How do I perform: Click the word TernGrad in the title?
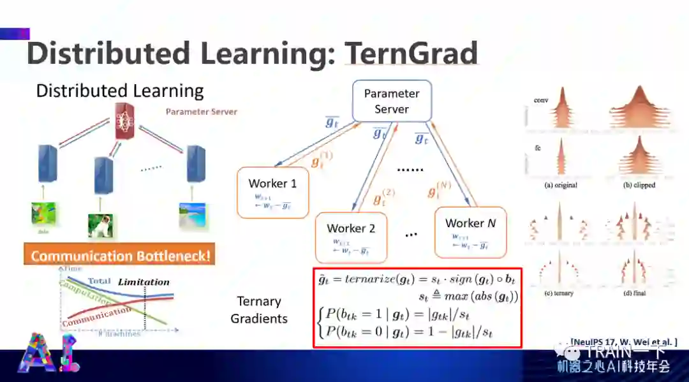pos(411,54)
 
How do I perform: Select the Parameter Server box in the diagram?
pos(392,101)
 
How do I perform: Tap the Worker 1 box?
pos(272,192)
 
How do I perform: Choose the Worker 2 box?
pos(351,236)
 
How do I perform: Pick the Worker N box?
pos(470,230)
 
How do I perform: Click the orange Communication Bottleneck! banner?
pos(119,256)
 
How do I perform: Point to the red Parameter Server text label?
pos(201,112)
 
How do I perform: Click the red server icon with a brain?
pos(126,121)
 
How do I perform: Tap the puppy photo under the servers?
pos(100,225)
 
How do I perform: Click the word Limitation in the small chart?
pos(144,281)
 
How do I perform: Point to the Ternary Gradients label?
pos(259,310)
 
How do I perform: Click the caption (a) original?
pos(561,185)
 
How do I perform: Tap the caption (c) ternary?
pos(559,293)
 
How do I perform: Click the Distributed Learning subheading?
pos(119,91)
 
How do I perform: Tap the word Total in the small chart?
pos(100,281)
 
